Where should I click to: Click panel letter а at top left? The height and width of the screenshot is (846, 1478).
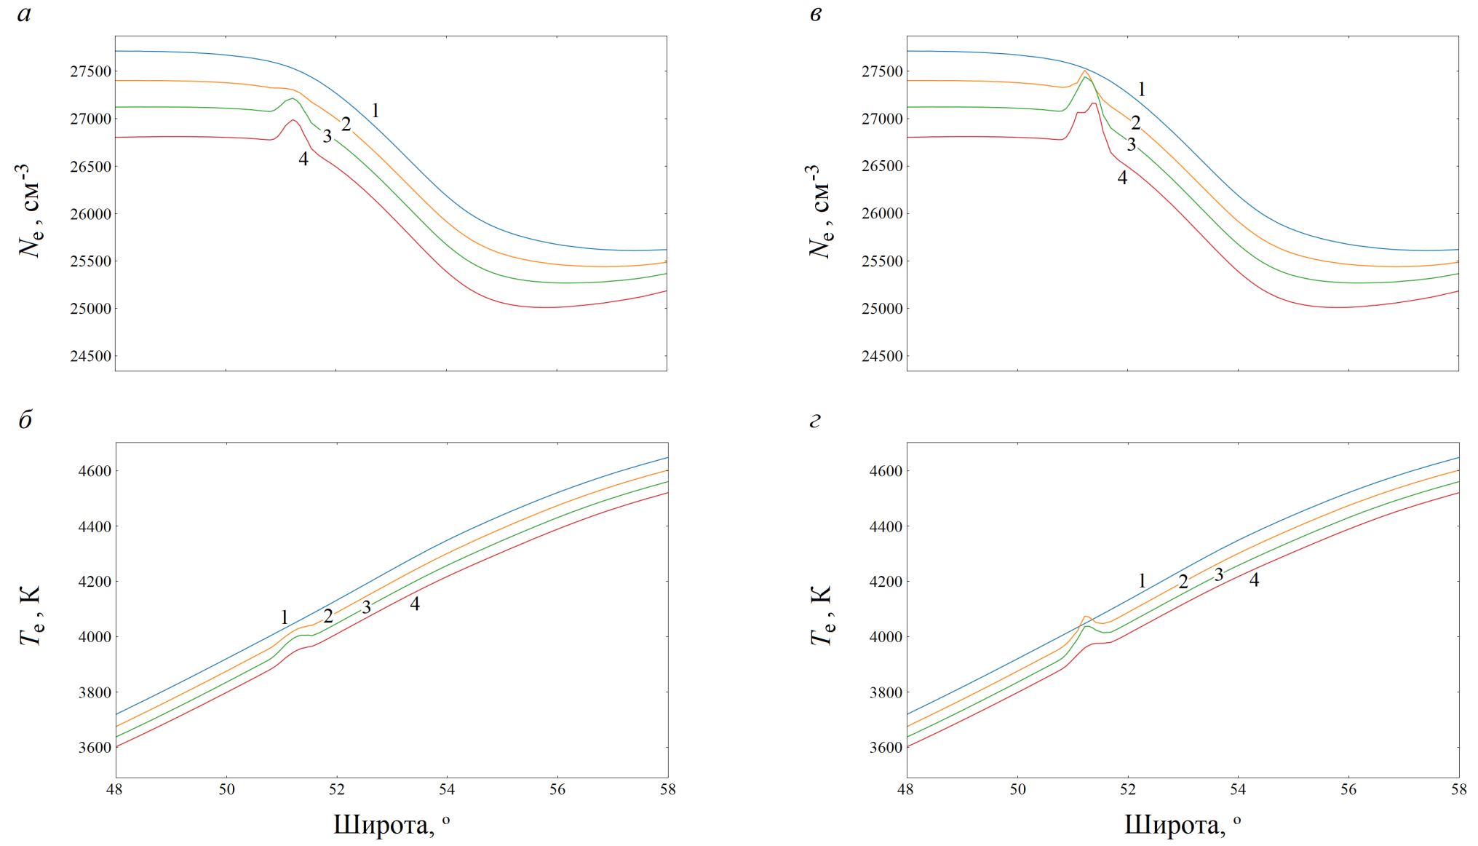(24, 15)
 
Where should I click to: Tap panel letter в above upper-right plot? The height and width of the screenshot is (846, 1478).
(816, 15)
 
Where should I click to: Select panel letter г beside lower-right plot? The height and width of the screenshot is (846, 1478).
(815, 420)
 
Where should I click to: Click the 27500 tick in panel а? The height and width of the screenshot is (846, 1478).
(91, 71)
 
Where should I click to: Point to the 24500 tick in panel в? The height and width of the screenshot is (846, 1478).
(882, 356)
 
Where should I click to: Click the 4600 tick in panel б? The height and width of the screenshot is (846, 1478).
(95, 471)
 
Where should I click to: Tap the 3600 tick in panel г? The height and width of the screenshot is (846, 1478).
(886, 747)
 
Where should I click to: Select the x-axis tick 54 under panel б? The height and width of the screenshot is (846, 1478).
(447, 789)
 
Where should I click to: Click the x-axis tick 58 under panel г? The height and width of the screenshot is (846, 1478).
(1458, 789)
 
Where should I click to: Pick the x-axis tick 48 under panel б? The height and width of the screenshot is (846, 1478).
(115, 789)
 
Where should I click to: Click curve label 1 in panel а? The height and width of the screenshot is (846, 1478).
(376, 111)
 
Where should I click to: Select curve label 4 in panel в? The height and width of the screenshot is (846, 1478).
(1122, 178)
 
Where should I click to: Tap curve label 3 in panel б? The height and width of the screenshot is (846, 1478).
(366, 607)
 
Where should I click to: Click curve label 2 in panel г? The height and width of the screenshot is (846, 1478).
(1183, 582)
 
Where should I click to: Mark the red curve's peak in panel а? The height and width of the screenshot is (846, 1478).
(293, 120)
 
